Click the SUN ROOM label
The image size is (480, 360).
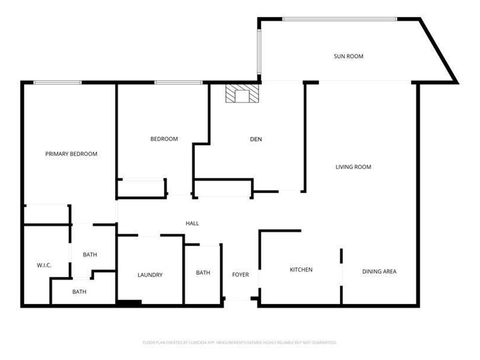[x=348, y=56]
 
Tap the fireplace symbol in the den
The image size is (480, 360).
[x=242, y=93]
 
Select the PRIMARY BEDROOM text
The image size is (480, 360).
[x=71, y=154]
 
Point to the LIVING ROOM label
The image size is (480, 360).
[x=353, y=167]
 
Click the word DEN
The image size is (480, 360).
[x=255, y=139]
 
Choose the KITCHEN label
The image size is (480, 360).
[x=301, y=270]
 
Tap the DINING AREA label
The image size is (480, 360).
[x=379, y=271]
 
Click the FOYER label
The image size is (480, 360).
[x=240, y=275]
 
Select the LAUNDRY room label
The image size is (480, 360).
[x=150, y=275]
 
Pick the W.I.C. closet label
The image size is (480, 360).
[x=44, y=265]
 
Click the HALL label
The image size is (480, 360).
[x=192, y=224]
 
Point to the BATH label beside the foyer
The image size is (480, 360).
[x=203, y=272]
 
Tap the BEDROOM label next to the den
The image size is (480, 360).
[x=164, y=139]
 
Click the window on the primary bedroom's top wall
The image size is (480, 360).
[x=58, y=82]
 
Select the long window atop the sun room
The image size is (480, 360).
[x=339, y=19]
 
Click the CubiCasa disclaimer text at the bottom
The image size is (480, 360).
[x=240, y=343]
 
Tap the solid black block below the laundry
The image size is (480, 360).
[x=129, y=303]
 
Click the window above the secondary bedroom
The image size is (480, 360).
[x=179, y=82]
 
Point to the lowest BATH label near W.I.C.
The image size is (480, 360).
[x=79, y=292]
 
